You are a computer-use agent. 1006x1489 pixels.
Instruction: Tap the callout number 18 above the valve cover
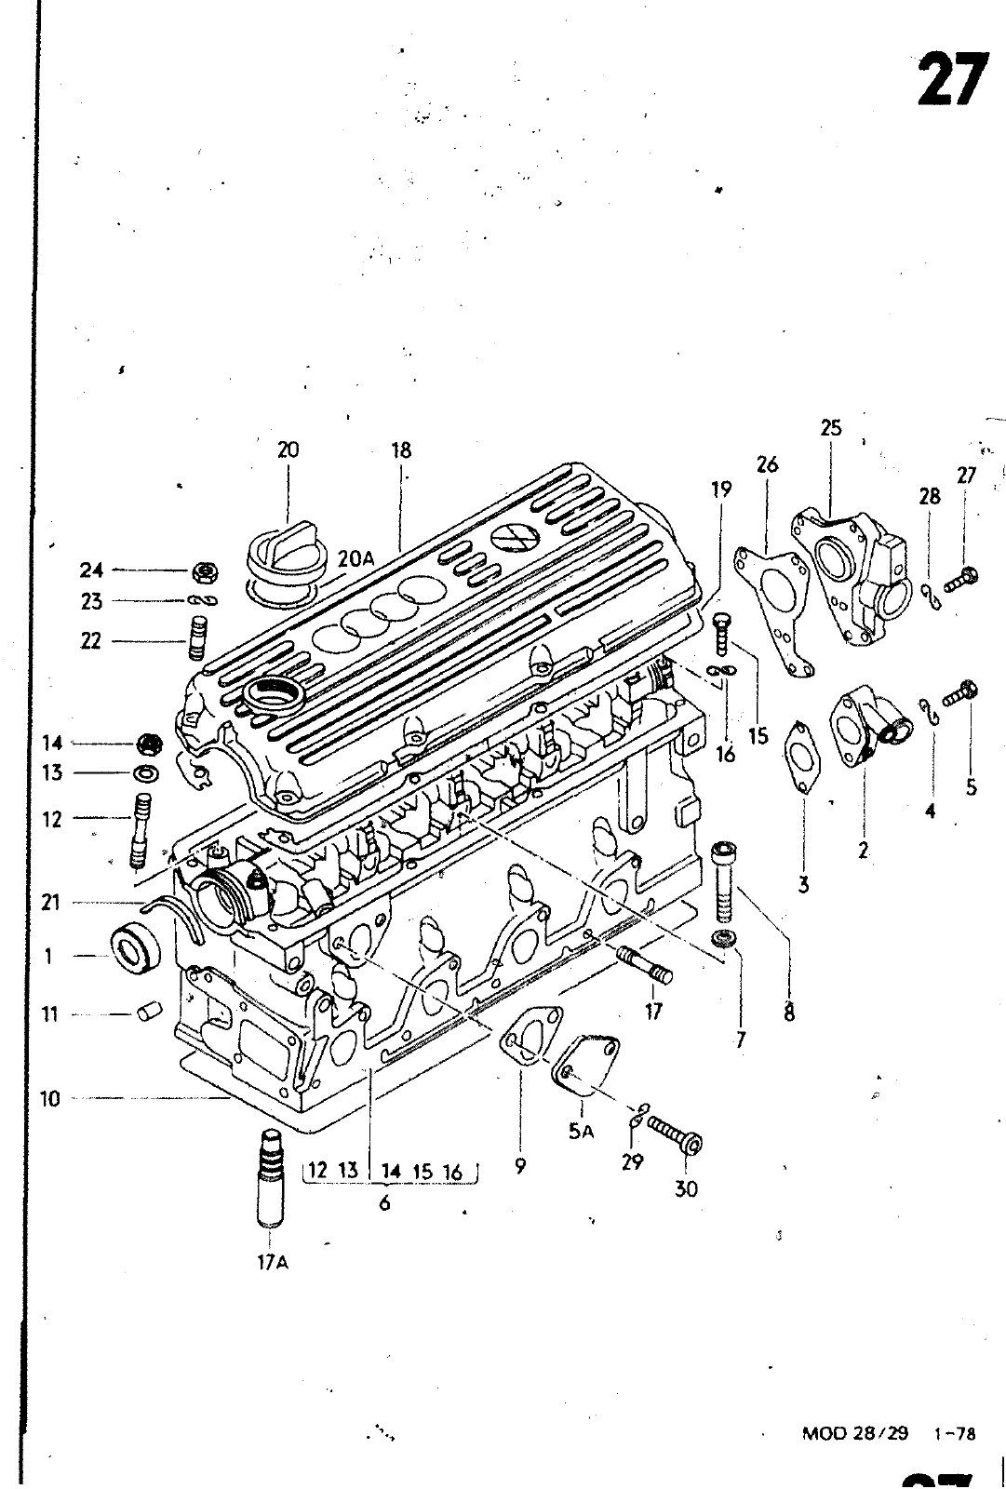pos(400,450)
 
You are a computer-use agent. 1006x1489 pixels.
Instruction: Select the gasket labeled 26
pos(773,596)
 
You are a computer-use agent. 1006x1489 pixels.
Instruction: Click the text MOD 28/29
pos(853,1434)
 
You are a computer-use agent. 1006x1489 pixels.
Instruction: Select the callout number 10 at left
pos(50,1098)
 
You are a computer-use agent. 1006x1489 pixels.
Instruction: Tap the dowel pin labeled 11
pos(149,1013)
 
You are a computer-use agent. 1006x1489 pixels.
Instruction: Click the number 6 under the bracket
pos(383,1203)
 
